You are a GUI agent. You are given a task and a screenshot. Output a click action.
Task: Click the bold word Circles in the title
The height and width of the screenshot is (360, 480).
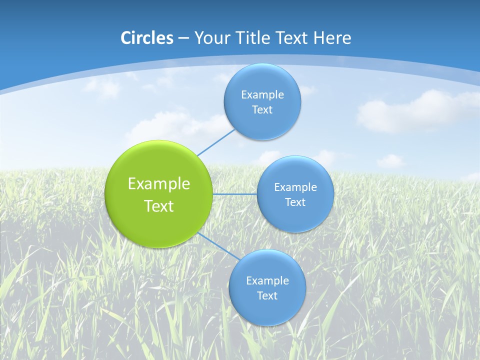pos(147,38)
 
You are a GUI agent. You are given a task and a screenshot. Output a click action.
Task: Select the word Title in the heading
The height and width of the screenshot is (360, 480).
pos(255,38)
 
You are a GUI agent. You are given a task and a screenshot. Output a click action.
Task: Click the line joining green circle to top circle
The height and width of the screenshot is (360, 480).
pos(216,142)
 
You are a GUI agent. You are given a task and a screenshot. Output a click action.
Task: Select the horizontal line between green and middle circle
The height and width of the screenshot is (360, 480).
pos(234,194)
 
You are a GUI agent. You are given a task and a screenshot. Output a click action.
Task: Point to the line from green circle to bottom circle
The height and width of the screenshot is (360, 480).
pos(218,246)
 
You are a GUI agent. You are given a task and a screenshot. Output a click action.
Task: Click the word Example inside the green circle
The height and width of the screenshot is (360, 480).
pos(159,184)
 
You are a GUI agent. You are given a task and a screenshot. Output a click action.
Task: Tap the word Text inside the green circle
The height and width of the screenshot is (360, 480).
pos(159,206)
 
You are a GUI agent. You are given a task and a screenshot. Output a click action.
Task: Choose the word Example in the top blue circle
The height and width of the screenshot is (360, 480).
pos(262,95)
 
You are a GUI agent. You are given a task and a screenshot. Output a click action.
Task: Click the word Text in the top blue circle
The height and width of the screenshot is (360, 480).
pos(262,110)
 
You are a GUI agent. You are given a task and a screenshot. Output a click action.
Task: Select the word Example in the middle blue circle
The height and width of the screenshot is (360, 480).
pos(295,187)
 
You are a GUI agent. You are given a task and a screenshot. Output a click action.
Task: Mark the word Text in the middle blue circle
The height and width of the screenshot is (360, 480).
pos(295,202)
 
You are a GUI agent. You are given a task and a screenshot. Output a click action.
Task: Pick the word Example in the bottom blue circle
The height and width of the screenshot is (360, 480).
pos(267,281)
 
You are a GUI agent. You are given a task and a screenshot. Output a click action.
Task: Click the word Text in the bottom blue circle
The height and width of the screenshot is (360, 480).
pos(267,296)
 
